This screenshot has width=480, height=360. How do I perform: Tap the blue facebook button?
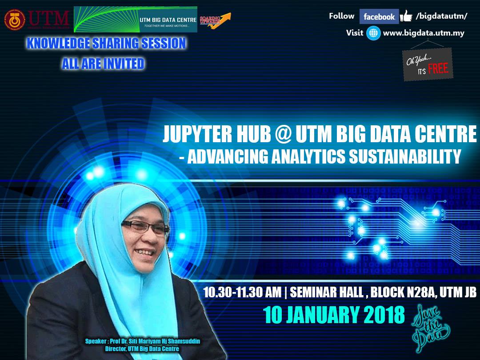379,17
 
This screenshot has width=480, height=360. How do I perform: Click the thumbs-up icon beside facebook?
406,16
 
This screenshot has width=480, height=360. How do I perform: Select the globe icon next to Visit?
373,33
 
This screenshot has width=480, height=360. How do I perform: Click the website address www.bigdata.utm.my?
423,33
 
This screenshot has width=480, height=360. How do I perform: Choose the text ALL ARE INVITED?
103,64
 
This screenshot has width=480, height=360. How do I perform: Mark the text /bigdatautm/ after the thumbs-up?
440,16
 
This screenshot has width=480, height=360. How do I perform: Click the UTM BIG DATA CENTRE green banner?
135,20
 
